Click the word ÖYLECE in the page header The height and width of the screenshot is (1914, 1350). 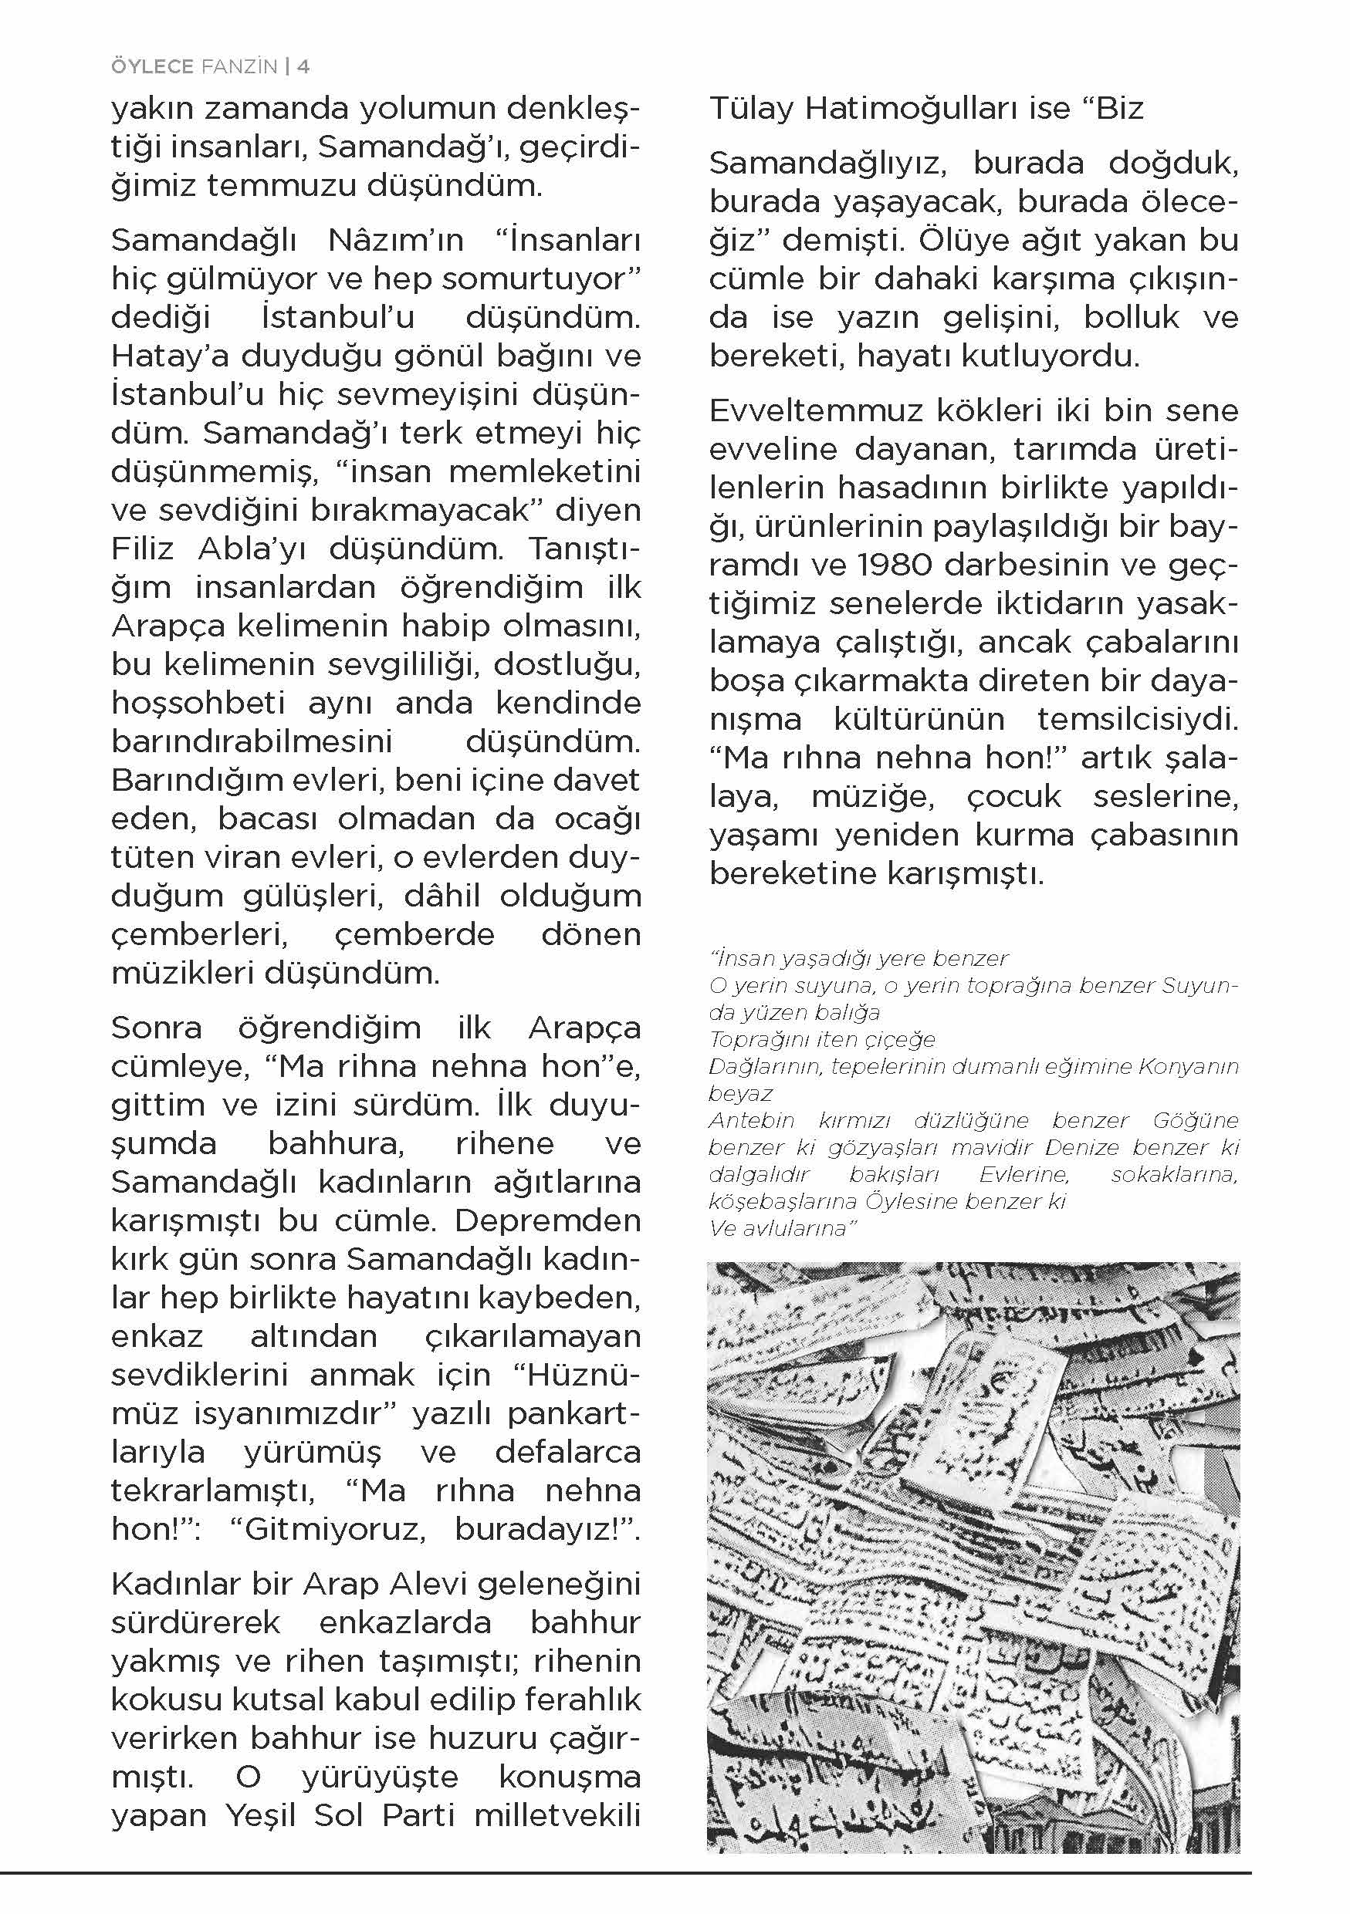(152, 66)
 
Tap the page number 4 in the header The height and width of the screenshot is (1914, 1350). (303, 66)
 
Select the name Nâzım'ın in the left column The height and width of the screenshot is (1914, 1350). (395, 241)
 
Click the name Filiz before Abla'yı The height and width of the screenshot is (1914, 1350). (142, 549)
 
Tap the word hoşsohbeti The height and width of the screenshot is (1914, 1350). (198, 704)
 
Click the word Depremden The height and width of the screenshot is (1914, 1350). (548, 1220)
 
